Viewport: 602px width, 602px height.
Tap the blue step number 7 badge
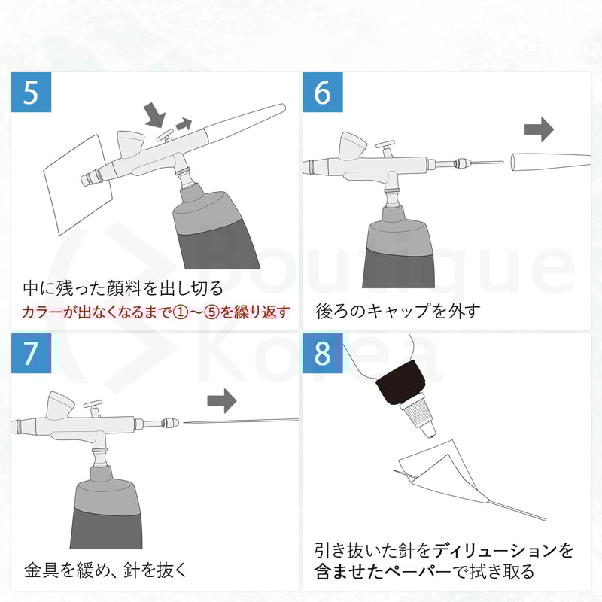click(x=31, y=353)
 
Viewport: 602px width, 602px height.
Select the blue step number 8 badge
click(x=322, y=353)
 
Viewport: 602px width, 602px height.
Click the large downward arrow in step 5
click(x=155, y=114)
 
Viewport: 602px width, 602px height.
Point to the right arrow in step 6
click(x=538, y=129)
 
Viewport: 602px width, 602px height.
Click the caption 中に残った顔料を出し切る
click(x=123, y=288)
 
